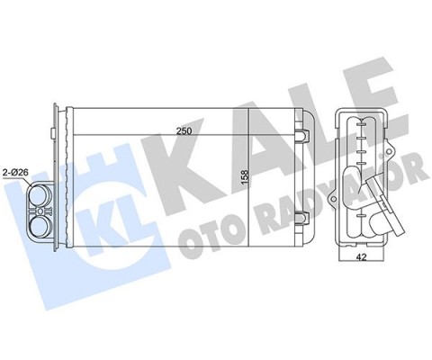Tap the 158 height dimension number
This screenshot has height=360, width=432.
click(245, 180)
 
